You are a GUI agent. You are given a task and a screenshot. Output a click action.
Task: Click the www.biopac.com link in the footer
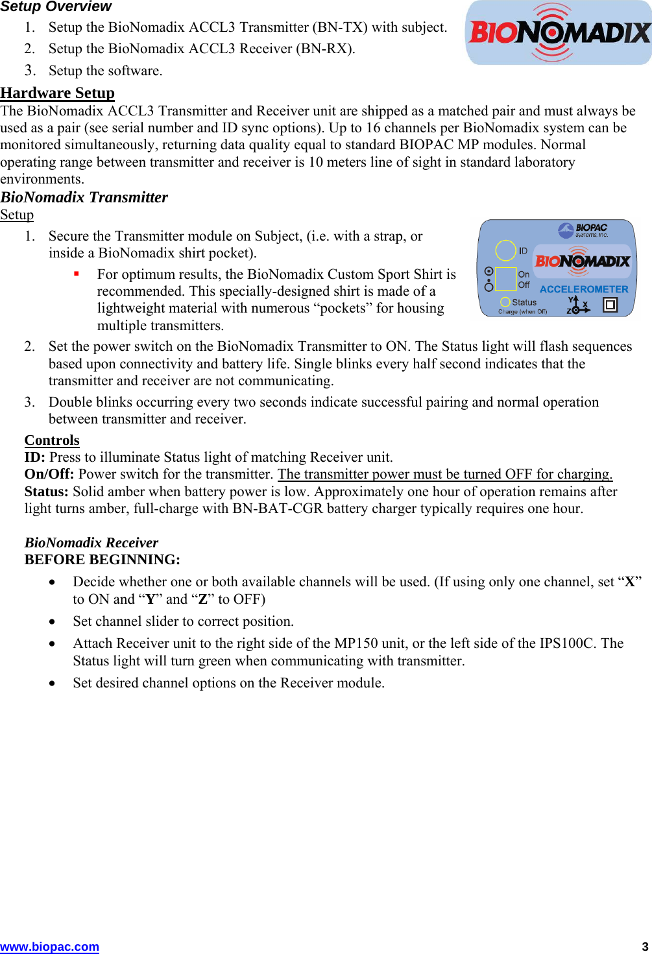[x=49, y=946]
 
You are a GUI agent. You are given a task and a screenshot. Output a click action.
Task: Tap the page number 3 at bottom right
[x=645, y=946]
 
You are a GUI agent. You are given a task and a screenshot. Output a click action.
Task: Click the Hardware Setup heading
[x=57, y=93]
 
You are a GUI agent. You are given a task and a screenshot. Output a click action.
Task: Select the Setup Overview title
[x=56, y=7]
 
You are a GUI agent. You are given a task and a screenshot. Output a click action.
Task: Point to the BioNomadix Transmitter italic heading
[x=84, y=197]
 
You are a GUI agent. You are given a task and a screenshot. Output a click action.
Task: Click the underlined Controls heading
[x=52, y=440]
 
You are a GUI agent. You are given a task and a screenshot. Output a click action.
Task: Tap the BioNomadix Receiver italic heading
[x=91, y=542]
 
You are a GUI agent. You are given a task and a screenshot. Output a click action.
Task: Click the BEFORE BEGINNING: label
[x=102, y=559]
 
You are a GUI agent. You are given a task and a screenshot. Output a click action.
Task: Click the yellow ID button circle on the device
[x=505, y=250]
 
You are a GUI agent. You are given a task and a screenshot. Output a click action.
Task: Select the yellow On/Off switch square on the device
[x=505, y=279]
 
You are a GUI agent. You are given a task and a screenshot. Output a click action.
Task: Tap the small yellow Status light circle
[x=505, y=302]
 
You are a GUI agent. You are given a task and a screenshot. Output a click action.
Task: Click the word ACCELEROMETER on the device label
[x=584, y=289]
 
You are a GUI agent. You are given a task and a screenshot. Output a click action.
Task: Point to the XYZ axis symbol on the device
[x=576, y=305]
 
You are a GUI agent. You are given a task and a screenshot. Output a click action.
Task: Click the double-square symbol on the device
[x=610, y=304]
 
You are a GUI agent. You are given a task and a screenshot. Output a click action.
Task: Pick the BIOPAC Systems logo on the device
[x=583, y=230]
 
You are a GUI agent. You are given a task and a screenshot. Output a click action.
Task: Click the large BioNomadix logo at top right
[x=559, y=32]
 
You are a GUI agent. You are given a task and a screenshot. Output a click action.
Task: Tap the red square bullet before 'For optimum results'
[x=77, y=274]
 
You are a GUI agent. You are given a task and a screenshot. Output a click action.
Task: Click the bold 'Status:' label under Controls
[x=46, y=492]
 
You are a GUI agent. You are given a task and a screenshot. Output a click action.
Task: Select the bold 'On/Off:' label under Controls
[x=49, y=474]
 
